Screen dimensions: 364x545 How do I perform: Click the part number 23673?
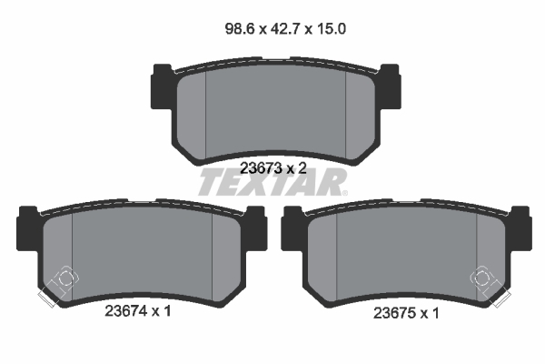(x=259, y=167)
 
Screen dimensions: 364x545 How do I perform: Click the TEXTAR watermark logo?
(x=272, y=183)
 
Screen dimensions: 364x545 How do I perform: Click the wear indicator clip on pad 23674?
(x=57, y=284)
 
